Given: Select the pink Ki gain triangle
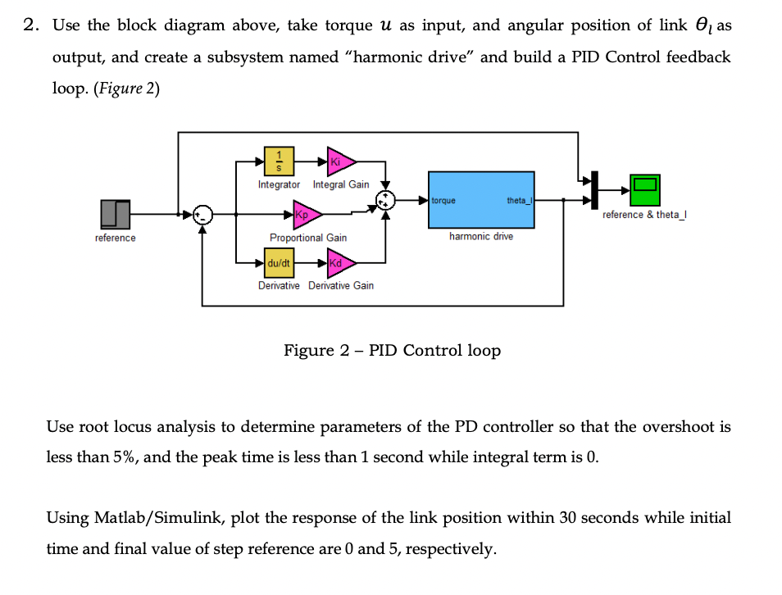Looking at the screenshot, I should coord(339,162).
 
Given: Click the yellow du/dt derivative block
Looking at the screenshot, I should coord(279,263).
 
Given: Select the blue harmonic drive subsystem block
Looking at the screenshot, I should coord(481,200).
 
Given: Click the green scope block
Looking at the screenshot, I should coord(643,191).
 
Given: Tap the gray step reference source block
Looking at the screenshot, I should coord(116,215).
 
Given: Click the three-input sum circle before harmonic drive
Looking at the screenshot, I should coord(385,200).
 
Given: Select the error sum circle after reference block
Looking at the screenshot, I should coord(202,215).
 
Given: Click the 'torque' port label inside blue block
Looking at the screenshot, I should coord(443,200).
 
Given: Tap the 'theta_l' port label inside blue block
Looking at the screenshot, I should coord(518,200).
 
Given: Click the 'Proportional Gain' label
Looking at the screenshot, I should coord(308,238).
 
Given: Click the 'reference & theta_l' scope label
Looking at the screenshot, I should coord(643,215).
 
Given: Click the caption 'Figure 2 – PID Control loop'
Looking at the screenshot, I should coord(392,351).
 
